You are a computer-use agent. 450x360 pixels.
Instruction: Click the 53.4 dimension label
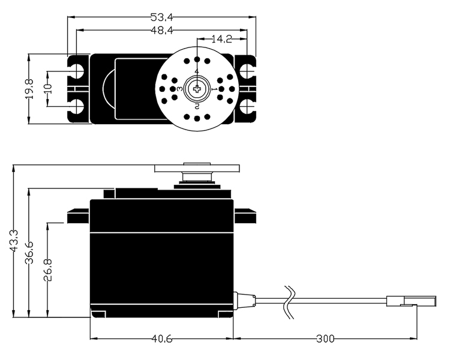click(x=162, y=17)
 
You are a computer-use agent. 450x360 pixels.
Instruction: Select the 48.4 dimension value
click(x=162, y=30)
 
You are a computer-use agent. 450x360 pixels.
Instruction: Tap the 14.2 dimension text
click(x=221, y=39)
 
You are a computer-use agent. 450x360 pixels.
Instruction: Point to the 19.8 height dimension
click(x=29, y=89)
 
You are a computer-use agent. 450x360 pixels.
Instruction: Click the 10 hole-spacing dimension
click(x=48, y=89)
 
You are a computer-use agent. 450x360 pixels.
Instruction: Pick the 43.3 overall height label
click(x=14, y=241)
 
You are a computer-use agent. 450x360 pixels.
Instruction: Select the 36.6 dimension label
click(x=29, y=253)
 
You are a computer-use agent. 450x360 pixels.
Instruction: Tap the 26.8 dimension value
click(x=48, y=270)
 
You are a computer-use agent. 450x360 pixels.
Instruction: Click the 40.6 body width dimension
click(x=162, y=339)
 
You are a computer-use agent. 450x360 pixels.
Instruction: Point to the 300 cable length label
click(x=325, y=339)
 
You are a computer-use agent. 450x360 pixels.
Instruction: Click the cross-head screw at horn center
click(x=197, y=89)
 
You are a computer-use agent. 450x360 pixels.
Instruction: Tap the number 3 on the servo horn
click(x=179, y=89)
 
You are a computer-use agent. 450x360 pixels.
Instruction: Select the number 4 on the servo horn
click(x=197, y=71)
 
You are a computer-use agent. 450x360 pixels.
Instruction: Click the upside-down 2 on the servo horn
click(x=197, y=107)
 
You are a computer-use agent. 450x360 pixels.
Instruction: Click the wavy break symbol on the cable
click(x=289, y=302)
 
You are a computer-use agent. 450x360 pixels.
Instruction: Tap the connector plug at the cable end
click(x=411, y=302)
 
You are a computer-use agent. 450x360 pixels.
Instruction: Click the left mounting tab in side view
click(x=78, y=217)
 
